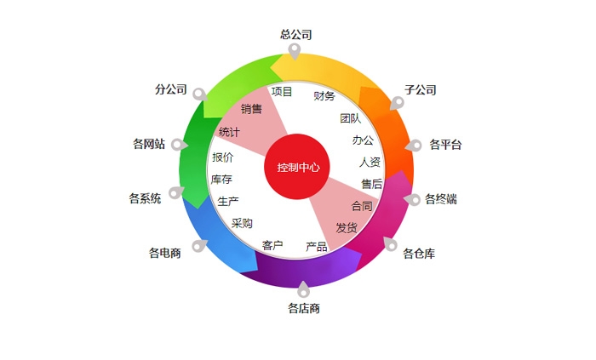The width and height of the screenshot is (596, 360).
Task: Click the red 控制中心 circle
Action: click(x=297, y=167)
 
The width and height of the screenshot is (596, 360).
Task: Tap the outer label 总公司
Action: click(x=296, y=35)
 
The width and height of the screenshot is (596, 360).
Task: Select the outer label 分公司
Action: click(x=171, y=89)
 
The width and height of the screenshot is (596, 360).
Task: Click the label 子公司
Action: click(x=421, y=89)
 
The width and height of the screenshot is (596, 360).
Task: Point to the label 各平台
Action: click(x=445, y=145)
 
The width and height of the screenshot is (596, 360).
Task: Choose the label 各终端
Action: click(x=441, y=199)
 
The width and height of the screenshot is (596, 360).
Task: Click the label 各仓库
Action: click(x=419, y=254)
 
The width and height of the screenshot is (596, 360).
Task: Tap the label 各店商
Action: click(x=304, y=308)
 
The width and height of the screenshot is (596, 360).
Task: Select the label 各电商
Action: click(x=164, y=253)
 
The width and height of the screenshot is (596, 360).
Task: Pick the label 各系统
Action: click(x=145, y=199)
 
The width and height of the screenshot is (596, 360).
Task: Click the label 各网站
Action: click(x=148, y=144)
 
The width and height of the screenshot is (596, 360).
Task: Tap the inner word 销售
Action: click(x=251, y=109)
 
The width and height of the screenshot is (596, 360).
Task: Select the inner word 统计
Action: click(x=229, y=132)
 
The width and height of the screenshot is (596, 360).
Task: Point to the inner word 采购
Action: click(x=242, y=224)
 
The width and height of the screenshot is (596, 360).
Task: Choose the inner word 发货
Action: click(x=346, y=227)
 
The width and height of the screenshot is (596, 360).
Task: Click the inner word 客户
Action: click(x=272, y=245)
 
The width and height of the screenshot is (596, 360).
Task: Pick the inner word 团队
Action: click(x=350, y=118)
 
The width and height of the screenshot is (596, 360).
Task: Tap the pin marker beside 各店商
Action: click(x=304, y=289)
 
